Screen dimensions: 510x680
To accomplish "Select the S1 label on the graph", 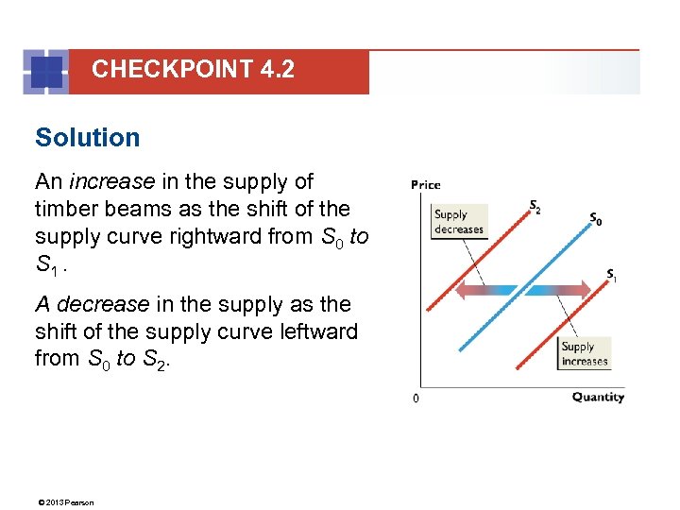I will [x=612, y=276].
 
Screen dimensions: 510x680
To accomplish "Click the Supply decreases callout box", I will [x=459, y=222].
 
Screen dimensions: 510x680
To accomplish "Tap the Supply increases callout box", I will [x=585, y=353].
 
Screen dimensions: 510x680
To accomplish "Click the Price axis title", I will [x=425, y=184].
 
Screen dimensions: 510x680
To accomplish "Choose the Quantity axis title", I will [x=598, y=397].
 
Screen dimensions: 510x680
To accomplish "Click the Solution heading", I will [x=87, y=138].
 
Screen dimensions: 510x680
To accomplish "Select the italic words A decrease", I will [x=92, y=305].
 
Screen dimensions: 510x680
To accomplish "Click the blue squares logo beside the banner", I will [x=45, y=71].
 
